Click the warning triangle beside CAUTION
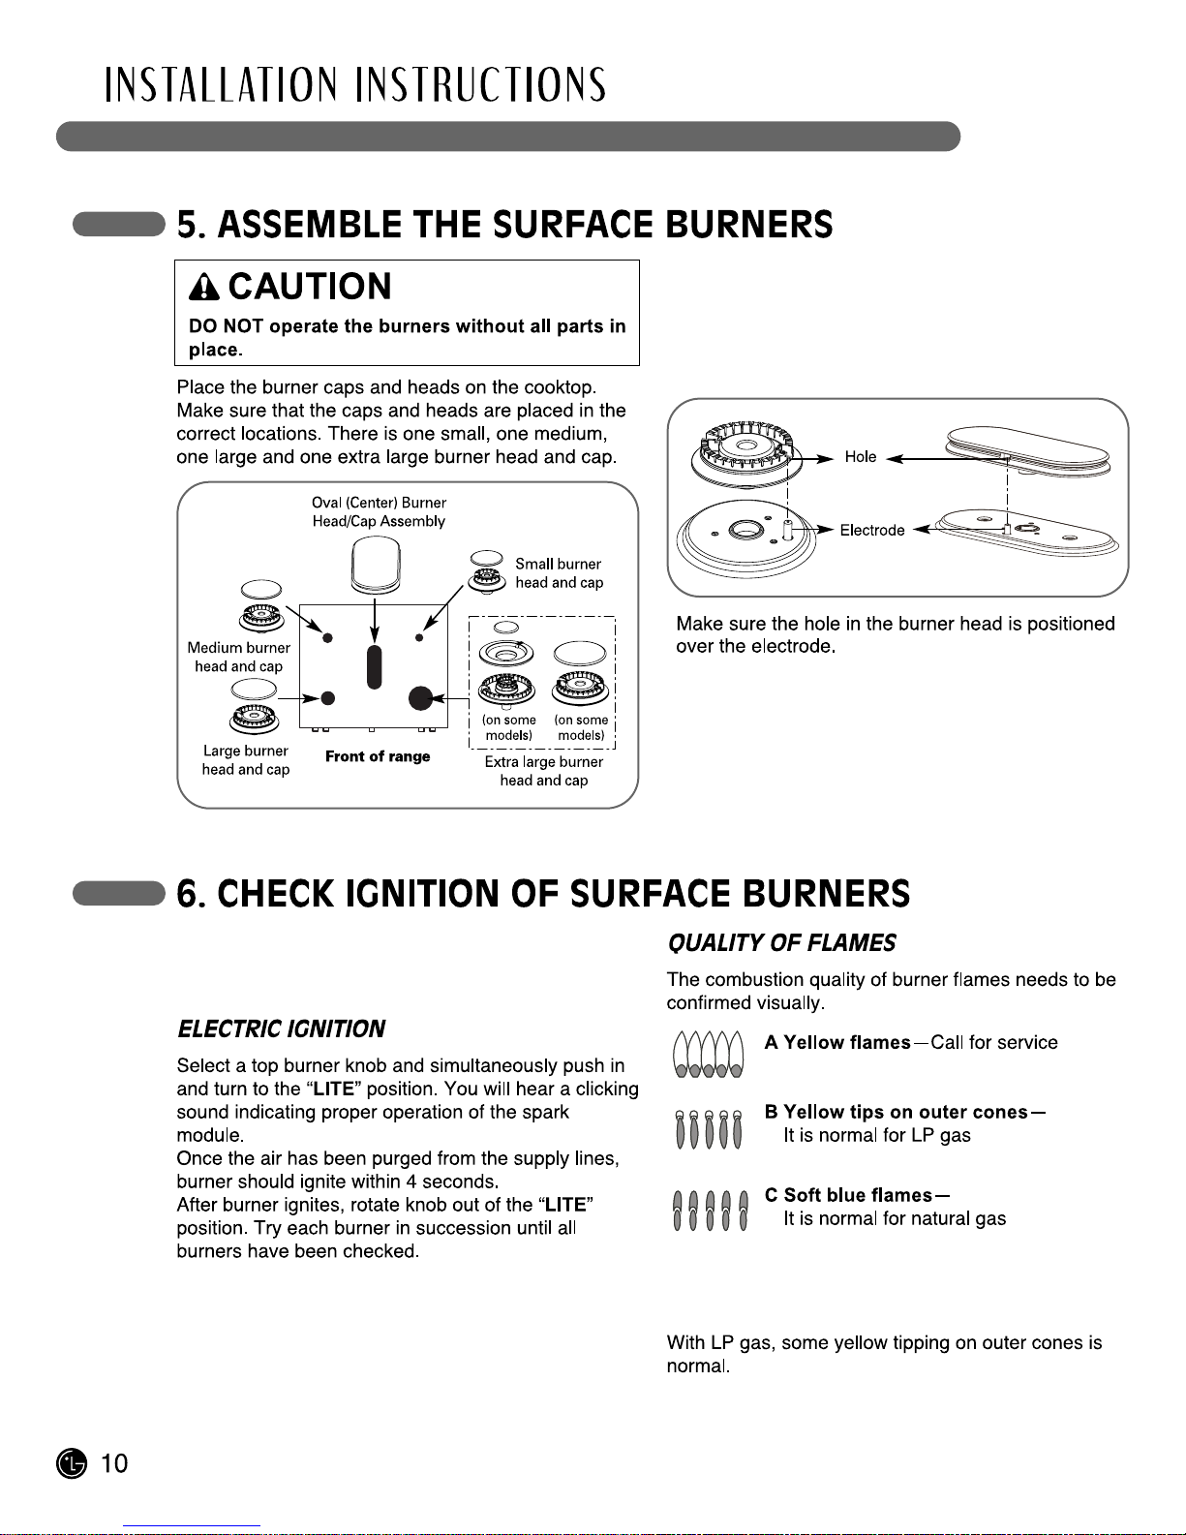click(x=205, y=287)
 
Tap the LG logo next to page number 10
click(x=71, y=1463)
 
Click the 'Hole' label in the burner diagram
click(x=860, y=457)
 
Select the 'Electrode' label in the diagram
click(x=871, y=531)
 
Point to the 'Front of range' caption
click(x=378, y=756)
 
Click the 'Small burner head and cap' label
click(x=559, y=573)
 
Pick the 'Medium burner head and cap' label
click(x=239, y=657)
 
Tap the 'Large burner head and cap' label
click(x=246, y=760)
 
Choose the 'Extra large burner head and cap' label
click(x=543, y=771)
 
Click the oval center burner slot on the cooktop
click(x=375, y=665)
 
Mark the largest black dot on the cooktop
click(x=420, y=697)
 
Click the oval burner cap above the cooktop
click(x=376, y=564)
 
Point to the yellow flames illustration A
click(x=709, y=1054)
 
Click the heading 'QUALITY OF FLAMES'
click(x=781, y=943)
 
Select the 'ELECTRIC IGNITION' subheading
click(x=281, y=1028)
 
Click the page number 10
click(x=114, y=1463)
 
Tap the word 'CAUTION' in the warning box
click(x=310, y=287)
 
